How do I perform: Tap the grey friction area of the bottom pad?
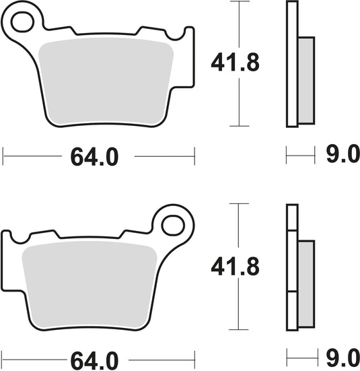(88, 283)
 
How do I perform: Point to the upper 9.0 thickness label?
(341, 157)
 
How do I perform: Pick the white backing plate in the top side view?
(291, 64)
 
